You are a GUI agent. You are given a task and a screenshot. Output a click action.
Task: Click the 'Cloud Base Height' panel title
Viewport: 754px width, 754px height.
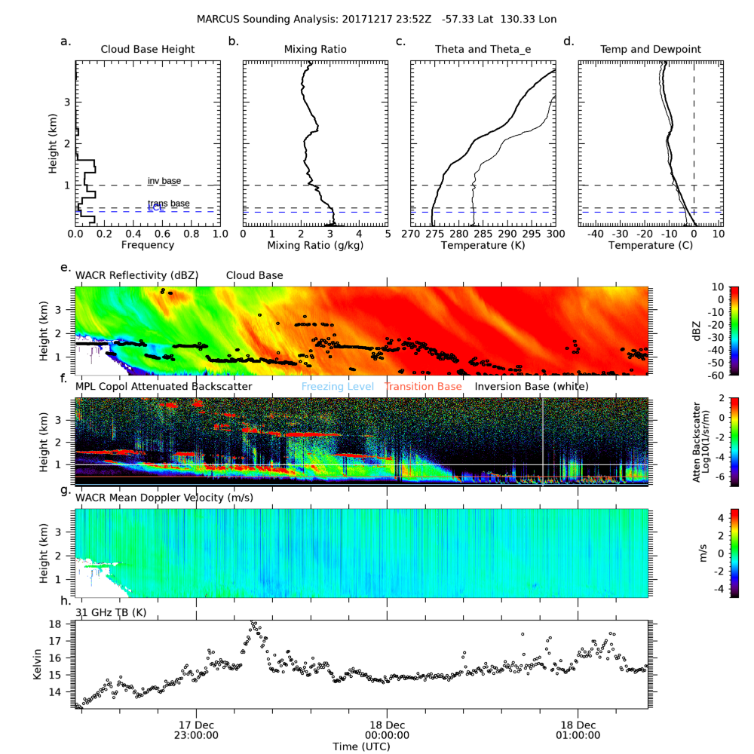(x=148, y=50)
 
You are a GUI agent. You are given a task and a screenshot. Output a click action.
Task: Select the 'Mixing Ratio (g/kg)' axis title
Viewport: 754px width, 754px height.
(x=315, y=245)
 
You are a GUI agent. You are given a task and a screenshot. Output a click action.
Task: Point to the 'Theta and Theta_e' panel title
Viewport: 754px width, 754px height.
(x=483, y=50)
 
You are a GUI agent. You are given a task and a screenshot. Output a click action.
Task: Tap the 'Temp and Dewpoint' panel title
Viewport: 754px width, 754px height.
(x=650, y=50)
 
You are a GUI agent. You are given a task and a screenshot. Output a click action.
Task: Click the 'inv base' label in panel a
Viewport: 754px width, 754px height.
(x=164, y=181)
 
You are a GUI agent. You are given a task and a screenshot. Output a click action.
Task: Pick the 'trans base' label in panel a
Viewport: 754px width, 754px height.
(x=168, y=204)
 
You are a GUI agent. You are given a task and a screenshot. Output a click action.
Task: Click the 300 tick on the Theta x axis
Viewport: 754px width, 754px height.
(x=555, y=234)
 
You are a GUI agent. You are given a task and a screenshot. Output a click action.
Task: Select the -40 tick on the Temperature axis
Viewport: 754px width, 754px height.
(x=595, y=234)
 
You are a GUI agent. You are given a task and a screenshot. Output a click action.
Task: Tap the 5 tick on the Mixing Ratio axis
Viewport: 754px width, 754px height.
(x=388, y=234)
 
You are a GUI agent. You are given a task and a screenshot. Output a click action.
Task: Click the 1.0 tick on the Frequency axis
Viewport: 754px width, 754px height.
(x=219, y=234)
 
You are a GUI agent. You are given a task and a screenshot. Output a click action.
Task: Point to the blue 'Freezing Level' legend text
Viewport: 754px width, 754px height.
(x=337, y=387)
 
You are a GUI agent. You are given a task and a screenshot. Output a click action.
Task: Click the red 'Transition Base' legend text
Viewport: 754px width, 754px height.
(x=423, y=387)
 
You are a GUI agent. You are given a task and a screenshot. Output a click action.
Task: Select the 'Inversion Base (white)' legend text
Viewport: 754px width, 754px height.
(x=532, y=387)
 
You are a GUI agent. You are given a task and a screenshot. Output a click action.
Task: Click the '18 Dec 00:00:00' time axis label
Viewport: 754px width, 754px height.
(x=388, y=729)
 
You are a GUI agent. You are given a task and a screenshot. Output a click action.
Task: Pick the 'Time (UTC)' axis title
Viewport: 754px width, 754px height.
(x=362, y=746)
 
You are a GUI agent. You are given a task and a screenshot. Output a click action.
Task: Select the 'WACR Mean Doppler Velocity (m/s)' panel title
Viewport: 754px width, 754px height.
(x=164, y=498)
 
